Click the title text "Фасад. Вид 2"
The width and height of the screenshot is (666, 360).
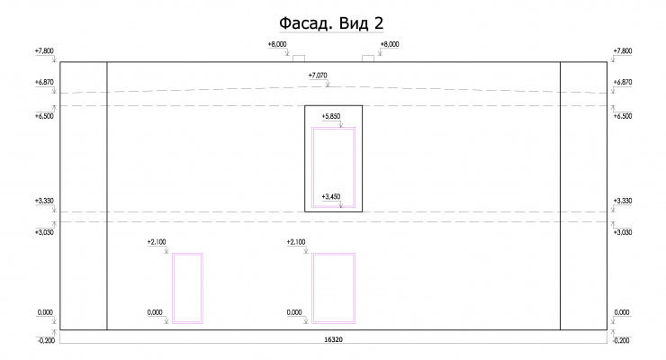(331, 23)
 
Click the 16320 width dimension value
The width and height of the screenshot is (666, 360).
(333, 339)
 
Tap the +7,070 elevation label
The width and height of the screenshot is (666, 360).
(318, 76)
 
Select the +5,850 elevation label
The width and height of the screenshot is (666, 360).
(331, 116)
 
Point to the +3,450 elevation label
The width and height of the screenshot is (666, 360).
(331, 196)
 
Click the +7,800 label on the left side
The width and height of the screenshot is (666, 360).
(44, 51)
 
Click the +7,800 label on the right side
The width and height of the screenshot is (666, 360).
(623, 51)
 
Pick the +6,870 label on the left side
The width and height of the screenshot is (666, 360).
(44, 83)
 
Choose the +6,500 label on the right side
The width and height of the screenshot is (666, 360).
(623, 116)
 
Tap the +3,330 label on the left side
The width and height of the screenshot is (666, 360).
(44, 201)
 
